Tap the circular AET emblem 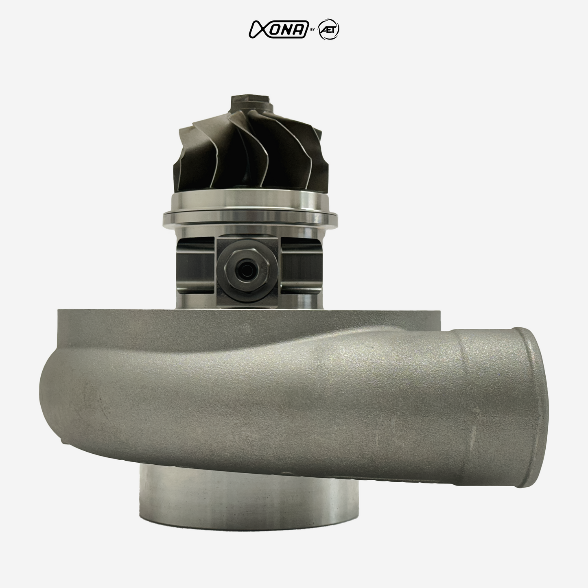pyautogui.click(x=329, y=30)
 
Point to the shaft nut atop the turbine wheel pyautogui.click(x=251, y=103)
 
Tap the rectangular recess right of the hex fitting pyautogui.click(x=300, y=266)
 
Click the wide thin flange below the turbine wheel pyautogui.click(x=250, y=217)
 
